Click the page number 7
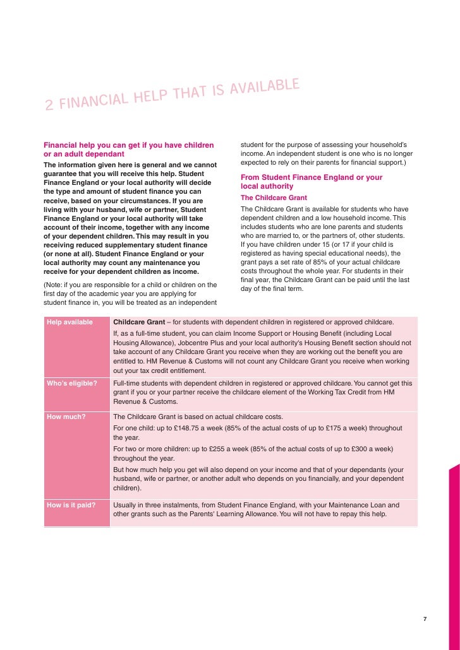pyautogui.click(x=425, y=618)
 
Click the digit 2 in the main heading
pyautogui.click(x=49, y=105)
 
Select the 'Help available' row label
pyautogui.click(x=70, y=322)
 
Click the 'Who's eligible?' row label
pyautogui.click(x=72, y=383)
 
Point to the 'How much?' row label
pyautogui.click(x=66, y=417)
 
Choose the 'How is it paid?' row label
pyautogui.click(x=71, y=505)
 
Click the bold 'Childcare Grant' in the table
pyautogui.click(x=142, y=322)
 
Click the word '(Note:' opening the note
pyautogui.click(x=54, y=285)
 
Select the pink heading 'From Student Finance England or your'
pyautogui.click(x=312, y=177)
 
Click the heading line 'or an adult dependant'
pyautogui.click(x=84, y=155)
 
